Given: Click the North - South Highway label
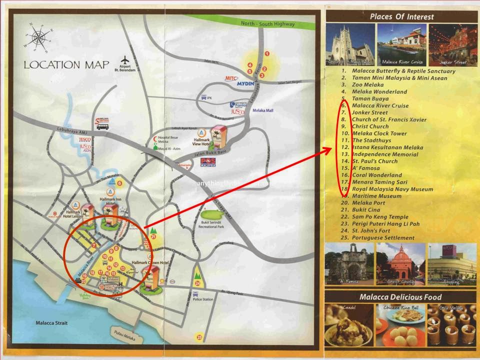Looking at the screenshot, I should [x=268, y=23].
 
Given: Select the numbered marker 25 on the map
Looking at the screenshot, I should [x=200, y=336].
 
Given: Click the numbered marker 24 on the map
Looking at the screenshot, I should [x=198, y=282].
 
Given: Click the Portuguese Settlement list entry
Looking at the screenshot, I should [x=383, y=238].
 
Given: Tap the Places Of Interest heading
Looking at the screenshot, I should [x=401, y=16].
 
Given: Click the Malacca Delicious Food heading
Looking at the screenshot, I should [x=400, y=297].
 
